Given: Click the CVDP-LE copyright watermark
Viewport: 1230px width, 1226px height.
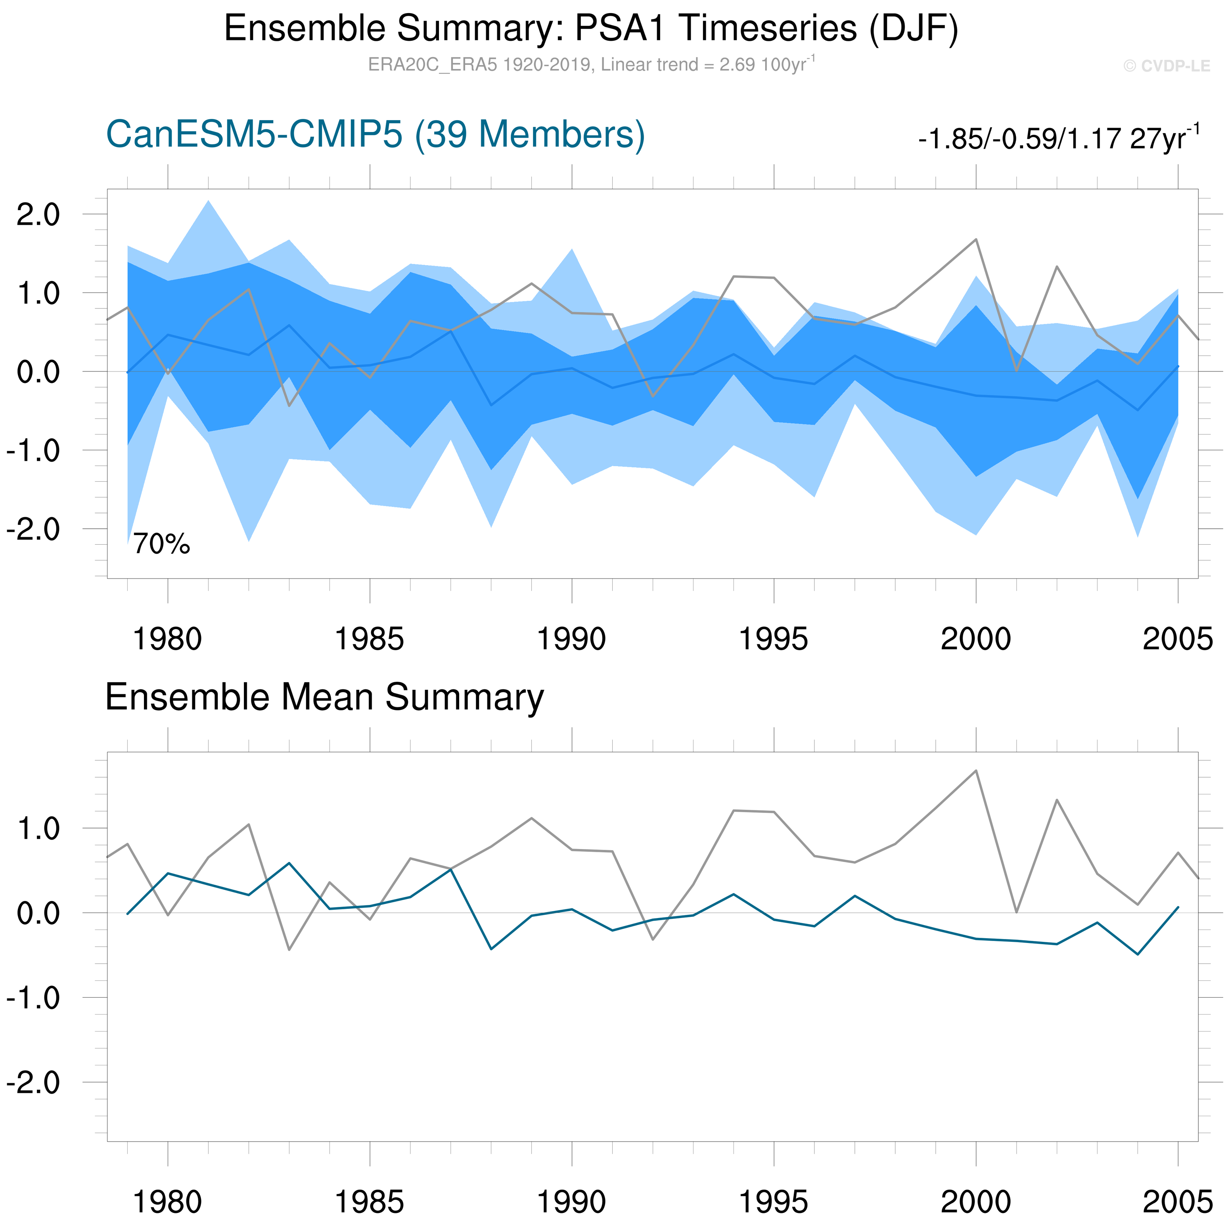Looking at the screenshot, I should coord(1166,66).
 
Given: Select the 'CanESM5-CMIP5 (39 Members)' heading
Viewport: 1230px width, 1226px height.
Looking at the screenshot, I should coord(376,135).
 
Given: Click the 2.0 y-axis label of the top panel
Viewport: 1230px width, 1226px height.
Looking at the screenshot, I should coord(38,215).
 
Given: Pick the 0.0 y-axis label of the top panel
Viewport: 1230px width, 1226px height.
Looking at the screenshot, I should coord(38,372).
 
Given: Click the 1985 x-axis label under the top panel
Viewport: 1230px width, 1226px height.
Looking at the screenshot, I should coord(369,639).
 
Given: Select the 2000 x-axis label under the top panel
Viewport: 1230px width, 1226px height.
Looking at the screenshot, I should coord(975,639).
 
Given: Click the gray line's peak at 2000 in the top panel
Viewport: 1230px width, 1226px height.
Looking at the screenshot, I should coord(975,239).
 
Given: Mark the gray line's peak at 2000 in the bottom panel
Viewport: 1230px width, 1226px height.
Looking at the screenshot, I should coord(975,771).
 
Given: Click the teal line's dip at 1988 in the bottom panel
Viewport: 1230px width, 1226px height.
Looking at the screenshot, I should coord(491,949).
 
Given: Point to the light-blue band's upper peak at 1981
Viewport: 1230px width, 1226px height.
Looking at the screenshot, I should coord(208,201).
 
